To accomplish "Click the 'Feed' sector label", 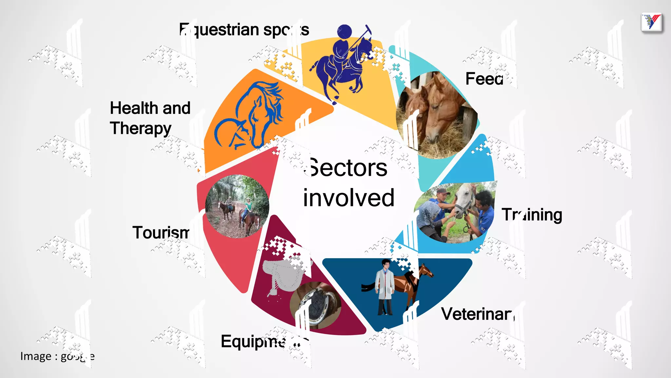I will (484, 79).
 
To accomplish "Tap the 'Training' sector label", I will (531, 215).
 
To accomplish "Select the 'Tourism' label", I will (161, 232).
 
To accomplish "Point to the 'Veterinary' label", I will (477, 314).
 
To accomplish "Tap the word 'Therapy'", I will (141, 128).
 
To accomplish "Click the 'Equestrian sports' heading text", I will (244, 30).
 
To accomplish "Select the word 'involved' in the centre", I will (349, 198).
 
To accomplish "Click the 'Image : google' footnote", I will (57, 356).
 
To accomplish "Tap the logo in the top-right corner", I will (652, 23).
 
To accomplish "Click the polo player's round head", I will (344, 32).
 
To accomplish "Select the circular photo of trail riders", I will (237, 206).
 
